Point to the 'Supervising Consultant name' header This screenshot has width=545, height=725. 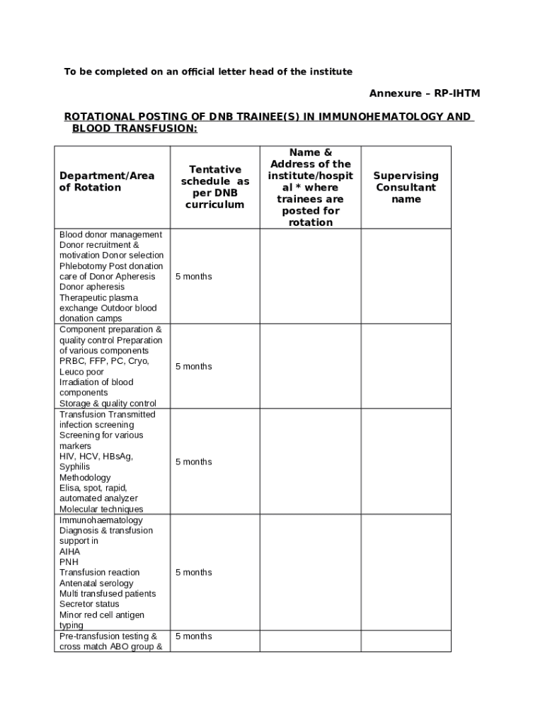click(406, 187)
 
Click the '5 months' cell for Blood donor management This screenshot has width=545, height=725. click(193, 276)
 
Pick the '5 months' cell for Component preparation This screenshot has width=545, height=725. click(193, 366)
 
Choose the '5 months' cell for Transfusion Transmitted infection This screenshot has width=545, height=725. click(193, 462)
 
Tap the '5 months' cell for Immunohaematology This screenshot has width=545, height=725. click(193, 572)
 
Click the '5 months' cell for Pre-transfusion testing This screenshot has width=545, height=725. click(193, 636)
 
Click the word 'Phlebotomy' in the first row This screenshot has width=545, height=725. click(82, 266)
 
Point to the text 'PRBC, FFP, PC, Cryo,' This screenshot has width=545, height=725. click(104, 361)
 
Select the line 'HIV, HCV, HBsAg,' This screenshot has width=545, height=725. click(96, 457)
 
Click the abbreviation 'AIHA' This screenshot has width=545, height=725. click(69, 552)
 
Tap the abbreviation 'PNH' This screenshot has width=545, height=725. click(69, 562)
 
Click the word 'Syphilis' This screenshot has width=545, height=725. click(74, 467)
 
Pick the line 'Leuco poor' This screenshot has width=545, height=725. click(81, 372)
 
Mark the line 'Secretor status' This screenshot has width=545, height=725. click(89, 605)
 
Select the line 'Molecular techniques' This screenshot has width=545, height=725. click(101, 509)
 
